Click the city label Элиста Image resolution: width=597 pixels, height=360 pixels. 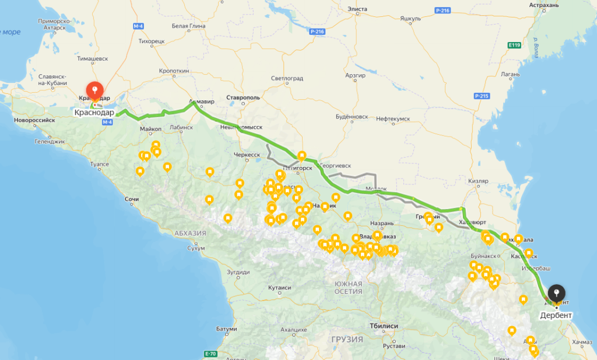tap(357, 9)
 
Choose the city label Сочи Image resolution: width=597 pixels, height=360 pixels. tap(132, 200)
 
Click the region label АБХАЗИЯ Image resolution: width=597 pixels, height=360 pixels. tap(190, 233)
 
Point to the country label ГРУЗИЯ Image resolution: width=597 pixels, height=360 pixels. tap(347, 339)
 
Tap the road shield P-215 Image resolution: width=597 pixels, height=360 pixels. tap(481, 96)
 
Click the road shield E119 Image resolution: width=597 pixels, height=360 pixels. tap(514, 45)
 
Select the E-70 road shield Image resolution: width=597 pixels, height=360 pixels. tap(210, 354)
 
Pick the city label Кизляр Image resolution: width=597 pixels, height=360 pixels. tap(478, 181)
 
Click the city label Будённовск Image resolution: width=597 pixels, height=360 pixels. tap(352, 117)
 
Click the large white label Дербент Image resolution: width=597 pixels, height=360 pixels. tap(556, 315)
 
